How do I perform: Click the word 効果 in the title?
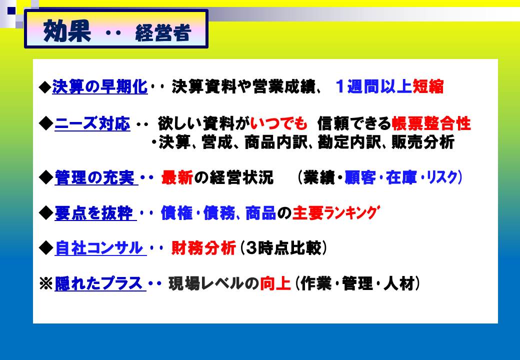[67, 31]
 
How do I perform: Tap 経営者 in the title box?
[163, 33]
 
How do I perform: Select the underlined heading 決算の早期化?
[100, 87]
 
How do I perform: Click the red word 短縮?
[428, 86]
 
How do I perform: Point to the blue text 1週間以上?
[374, 86]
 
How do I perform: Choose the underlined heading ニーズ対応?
[92, 123]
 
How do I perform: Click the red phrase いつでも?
[279, 123]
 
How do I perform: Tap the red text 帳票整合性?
[431, 123]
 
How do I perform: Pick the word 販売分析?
[423, 142]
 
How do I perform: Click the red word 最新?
[177, 177]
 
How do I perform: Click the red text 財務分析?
[203, 248]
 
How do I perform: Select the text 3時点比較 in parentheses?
[283, 248]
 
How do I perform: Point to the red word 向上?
[275, 283]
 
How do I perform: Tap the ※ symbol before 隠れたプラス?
[46, 284]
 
